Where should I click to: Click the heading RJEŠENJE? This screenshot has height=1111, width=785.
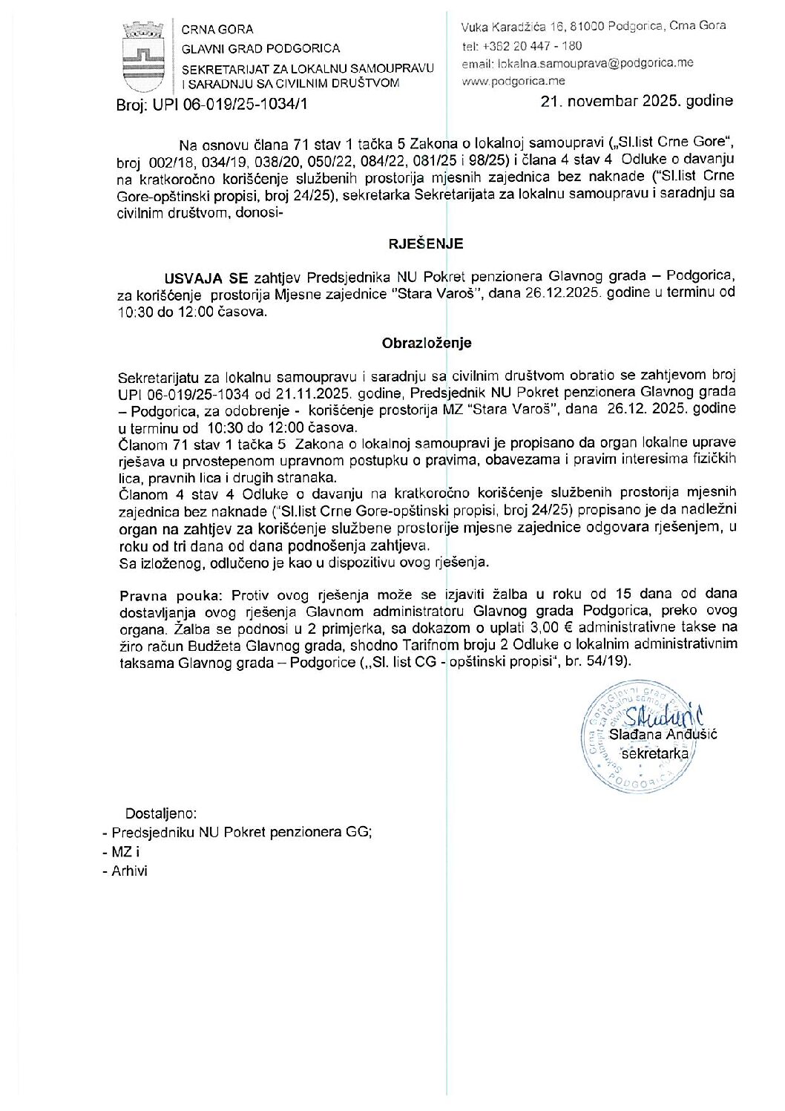[x=427, y=243]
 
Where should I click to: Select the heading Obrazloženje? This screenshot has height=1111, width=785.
[x=427, y=344]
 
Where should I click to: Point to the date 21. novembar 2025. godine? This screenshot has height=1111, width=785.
[x=637, y=101]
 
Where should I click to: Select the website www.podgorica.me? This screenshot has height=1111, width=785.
[x=513, y=81]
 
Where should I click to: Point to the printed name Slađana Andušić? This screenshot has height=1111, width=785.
[x=663, y=735]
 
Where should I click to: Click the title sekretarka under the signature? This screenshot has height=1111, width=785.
[x=655, y=753]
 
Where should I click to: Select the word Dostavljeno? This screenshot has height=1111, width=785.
[x=161, y=813]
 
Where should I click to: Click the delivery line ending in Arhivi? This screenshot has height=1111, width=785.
[x=126, y=871]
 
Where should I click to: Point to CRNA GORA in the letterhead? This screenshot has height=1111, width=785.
[x=217, y=30]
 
